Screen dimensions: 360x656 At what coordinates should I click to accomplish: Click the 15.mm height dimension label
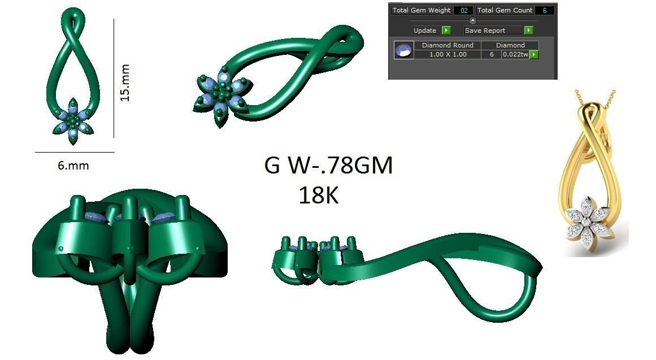(x=125, y=83)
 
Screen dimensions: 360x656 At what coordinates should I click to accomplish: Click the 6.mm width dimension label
(x=73, y=166)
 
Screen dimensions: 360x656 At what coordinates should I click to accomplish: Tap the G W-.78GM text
(x=328, y=166)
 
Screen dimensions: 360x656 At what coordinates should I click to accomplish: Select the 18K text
(x=318, y=195)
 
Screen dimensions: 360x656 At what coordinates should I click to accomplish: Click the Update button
(x=425, y=31)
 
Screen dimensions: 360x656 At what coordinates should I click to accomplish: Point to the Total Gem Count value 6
(x=545, y=10)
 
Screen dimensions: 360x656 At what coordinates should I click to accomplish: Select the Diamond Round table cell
(x=448, y=45)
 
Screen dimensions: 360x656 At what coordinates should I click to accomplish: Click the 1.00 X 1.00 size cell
(x=448, y=54)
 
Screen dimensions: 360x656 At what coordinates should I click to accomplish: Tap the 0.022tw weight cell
(x=515, y=54)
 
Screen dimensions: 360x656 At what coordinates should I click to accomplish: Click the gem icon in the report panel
(x=403, y=50)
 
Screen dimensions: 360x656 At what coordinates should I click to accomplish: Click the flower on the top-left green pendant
(x=73, y=120)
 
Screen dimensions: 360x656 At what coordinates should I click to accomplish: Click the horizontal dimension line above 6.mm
(x=75, y=152)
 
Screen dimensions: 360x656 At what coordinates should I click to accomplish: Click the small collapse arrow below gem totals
(x=473, y=20)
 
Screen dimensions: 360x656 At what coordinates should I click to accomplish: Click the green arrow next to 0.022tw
(x=533, y=54)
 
